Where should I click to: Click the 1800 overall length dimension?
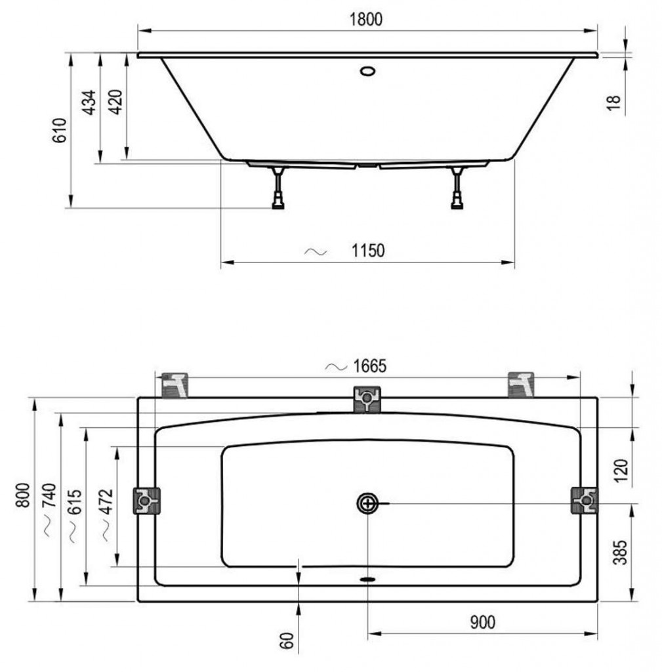click(x=366, y=20)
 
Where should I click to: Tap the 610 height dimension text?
click(x=60, y=131)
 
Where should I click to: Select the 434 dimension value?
click(x=89, y=102)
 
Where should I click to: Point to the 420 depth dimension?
click(x=115, y=102)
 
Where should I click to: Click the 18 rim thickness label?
click(x=613, y=103)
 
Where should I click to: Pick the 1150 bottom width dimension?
click(x=368, y=251)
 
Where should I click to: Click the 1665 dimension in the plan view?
click(x=370, y=366)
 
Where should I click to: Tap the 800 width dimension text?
click(x=22, y=495)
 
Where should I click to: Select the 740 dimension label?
click(x=49, y=495)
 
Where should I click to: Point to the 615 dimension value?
click(x=75, y=501)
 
